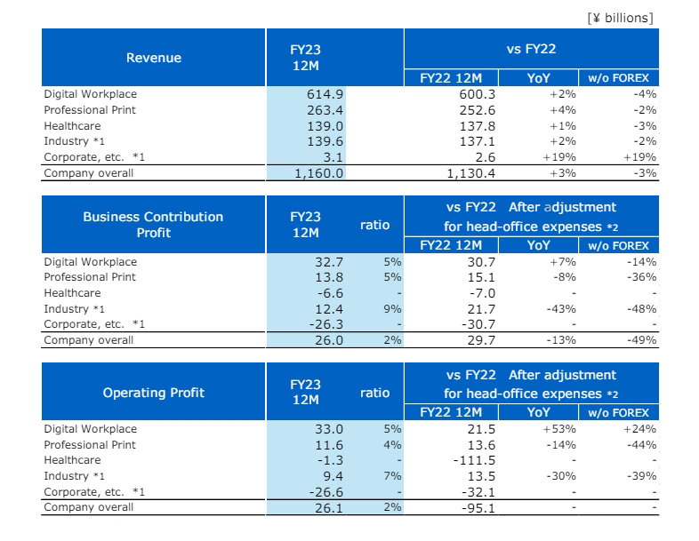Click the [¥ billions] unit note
point(620,17)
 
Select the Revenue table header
point(153,58)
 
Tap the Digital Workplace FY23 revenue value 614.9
point(325,94)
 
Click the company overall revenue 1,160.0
point(318,173)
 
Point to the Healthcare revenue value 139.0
point(325,126)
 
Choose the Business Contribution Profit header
point(153,225)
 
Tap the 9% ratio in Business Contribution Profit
point(392,308)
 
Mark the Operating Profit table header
point(153,393)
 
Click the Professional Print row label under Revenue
point(90,110)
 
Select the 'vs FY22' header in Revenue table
point(531,50)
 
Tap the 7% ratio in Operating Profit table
point(392,476)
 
